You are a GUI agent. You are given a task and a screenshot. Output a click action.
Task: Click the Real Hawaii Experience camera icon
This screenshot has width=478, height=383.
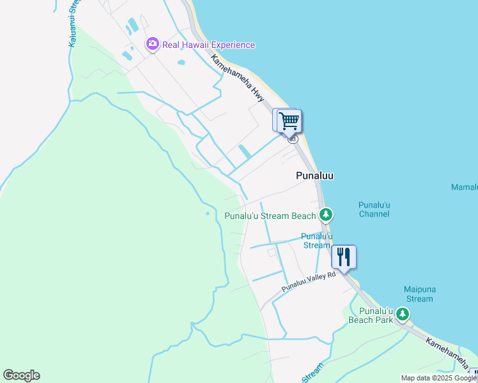click(152, 44)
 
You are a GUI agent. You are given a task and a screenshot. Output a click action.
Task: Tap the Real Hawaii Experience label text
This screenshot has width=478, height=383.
click(209, 45)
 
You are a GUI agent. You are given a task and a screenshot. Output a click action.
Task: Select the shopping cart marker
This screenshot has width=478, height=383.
click(289, 120)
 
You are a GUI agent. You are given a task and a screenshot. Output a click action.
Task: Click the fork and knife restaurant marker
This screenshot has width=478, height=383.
click(344, 257)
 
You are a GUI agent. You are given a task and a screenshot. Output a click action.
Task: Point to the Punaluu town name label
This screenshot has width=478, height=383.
click(315, 175)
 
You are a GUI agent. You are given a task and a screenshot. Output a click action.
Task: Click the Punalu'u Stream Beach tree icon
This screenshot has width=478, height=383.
click(326, 214)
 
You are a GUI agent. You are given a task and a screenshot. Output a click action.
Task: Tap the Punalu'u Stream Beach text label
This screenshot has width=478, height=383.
click(270, 216)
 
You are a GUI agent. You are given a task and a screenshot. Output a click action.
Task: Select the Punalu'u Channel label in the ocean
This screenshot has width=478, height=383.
click(374, 209)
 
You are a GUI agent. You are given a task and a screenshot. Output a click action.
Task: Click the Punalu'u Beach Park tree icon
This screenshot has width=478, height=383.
click(402, 313)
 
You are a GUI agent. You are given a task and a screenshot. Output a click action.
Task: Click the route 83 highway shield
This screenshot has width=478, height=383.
click(293, 139)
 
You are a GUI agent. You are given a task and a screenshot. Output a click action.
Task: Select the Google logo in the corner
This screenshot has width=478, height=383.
click(21, 375)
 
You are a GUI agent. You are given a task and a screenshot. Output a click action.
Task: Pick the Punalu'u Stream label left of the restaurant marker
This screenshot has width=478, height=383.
click(316, 241)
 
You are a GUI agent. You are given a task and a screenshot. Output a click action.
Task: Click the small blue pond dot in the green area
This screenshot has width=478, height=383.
click(208, 213)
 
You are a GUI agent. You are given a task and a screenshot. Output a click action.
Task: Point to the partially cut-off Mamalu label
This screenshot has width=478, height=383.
click(465, 187)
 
